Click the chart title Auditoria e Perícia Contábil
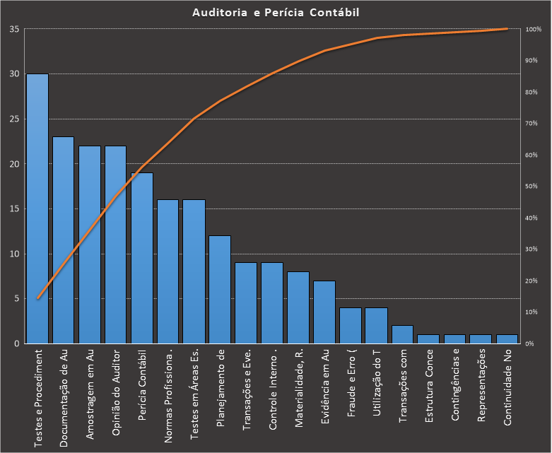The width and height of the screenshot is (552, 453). click(x=276, y=13)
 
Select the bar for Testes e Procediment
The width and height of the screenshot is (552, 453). click(x=37, y=208)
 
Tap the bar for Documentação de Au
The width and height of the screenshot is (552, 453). click(x=64, y=240)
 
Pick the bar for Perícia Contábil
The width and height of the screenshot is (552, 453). click(x=142, y=258)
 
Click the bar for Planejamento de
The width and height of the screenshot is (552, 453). click(x=220, y=290)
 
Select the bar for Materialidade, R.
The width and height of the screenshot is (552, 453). click(x=298, y=307)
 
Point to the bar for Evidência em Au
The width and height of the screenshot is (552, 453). click(x=324, y=312)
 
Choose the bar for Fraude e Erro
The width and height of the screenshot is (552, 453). click(x=351, y=326)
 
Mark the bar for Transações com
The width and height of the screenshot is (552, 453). click(x=403, y=334)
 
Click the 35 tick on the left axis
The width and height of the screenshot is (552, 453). click(x=14, y=30)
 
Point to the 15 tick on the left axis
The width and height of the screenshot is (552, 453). click(x=14, y=209)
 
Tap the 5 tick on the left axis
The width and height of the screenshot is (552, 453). click(x=16, y=299)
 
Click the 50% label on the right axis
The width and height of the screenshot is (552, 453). click(x=533, y=187)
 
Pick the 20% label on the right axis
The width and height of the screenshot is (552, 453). click(x=533, y=281)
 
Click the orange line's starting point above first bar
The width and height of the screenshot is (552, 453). click(x=37, y=298)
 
